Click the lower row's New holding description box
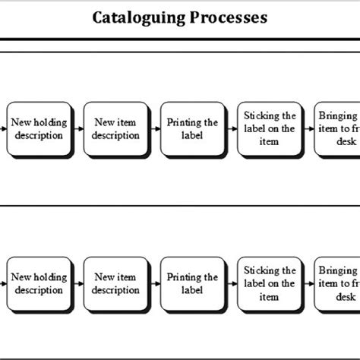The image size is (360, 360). pyautogui.click(x=39, y=284)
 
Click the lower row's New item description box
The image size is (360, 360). pyautogui.click(x=116, y=284)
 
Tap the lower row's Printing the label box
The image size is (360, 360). pyautogui.click(x=193, y=284)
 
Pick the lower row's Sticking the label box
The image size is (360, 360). pyautogui.click(x=270, y=284)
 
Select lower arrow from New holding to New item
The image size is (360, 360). pyautogui.click(x=77, y=284)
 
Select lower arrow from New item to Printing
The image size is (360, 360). pyautogui.click(x=154, y=284)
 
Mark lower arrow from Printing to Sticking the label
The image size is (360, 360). pyautogui.click(x=232, y=284)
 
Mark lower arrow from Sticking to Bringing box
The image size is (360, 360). pyautogui.click(x=308, y=284)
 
